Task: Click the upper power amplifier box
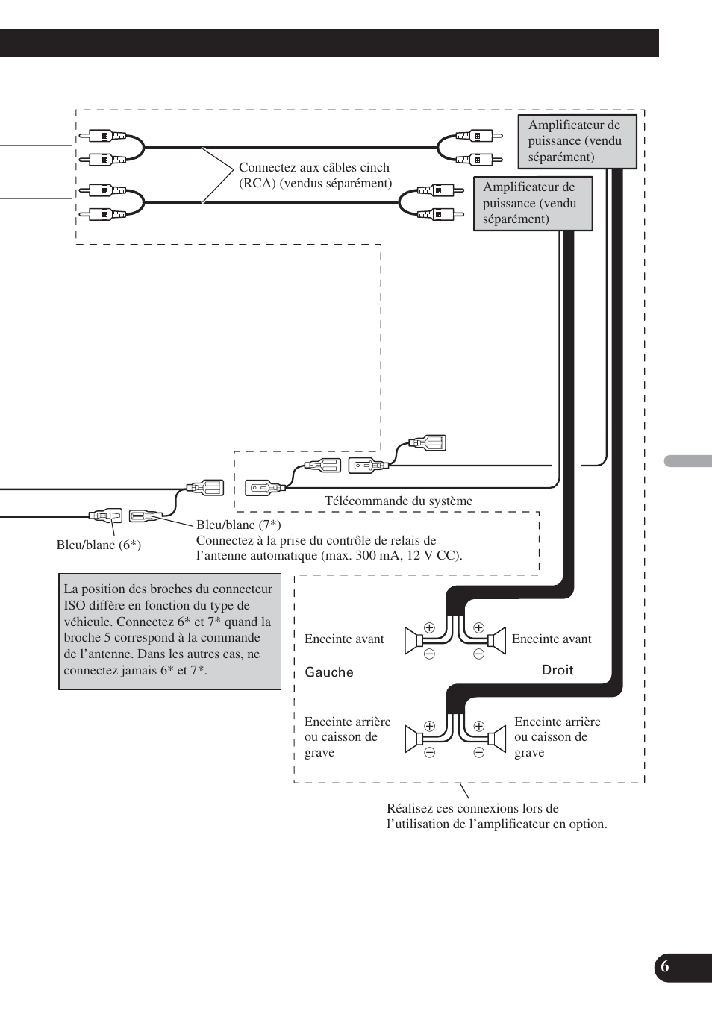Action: point(577,141)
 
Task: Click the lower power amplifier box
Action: point(532,203)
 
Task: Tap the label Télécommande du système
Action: point(398,501)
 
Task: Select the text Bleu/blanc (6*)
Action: point(99,545)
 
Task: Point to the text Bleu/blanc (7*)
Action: point(238,525)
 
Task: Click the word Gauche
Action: point(329,672)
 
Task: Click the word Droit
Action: point(558,670)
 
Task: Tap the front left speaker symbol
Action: point(414,640)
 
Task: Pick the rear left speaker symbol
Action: point(414,739)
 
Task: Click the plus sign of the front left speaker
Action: point(429,627)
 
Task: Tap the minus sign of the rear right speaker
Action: point(479,752)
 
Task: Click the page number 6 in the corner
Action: point(665,968)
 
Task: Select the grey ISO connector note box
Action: point(169,630)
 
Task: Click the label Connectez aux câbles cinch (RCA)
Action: point(315,175)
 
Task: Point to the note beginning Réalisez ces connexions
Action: point(496,816)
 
